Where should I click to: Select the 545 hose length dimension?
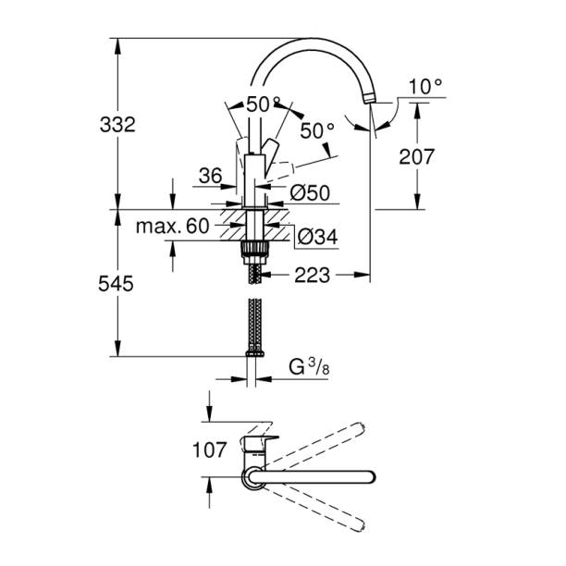click(x=117, y=286)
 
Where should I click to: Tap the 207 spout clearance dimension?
click(x=416, y=157)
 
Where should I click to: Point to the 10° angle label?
click(x=425, y=87)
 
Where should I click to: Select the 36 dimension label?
click(x=211, y=176)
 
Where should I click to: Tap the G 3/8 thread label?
click(x=309, y=367)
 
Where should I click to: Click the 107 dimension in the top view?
click(x=210, y=450)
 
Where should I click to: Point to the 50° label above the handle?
click(x=263, y=105)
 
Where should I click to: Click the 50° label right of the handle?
click(x=316, y=131)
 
